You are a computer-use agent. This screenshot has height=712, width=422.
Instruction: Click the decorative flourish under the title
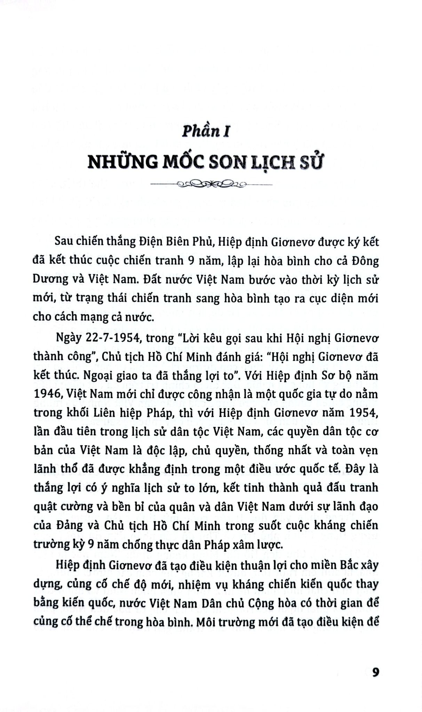(x=211, y=184)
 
